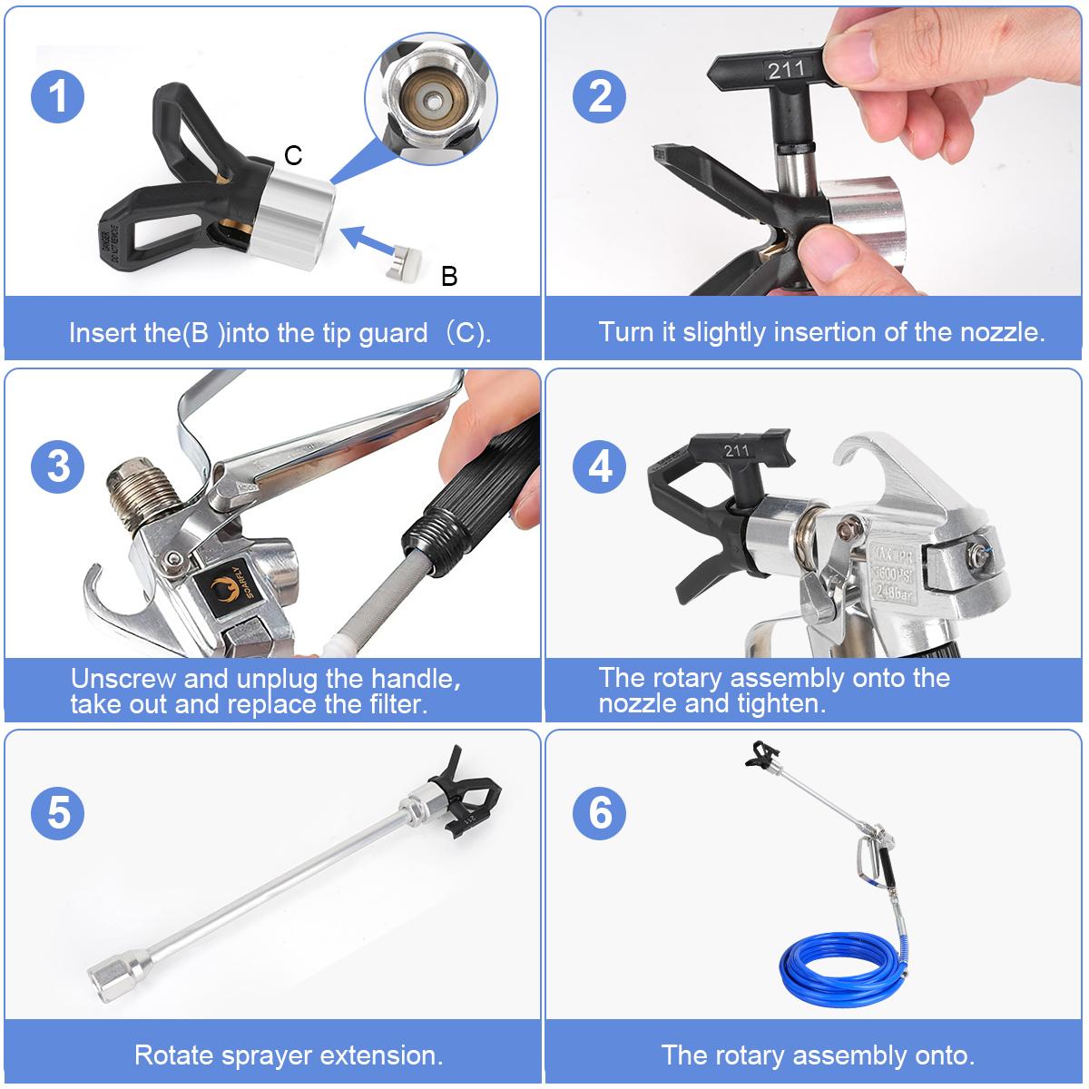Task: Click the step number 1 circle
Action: (58, 96)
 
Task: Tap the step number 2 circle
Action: (600, 96)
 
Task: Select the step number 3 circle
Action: (58, 466)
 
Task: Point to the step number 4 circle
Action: (600, 466)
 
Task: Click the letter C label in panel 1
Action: (292, 156)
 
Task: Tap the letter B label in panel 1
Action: (448, 277)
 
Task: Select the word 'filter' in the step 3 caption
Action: (389, 703)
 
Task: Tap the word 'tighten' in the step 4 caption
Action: (780, 703)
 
